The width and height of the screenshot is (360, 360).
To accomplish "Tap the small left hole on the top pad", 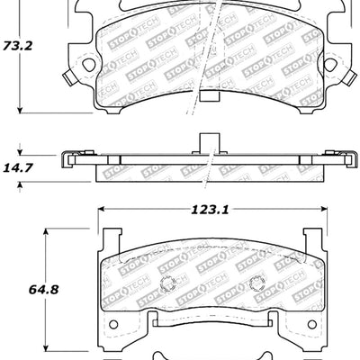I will (x=86, y=65).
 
